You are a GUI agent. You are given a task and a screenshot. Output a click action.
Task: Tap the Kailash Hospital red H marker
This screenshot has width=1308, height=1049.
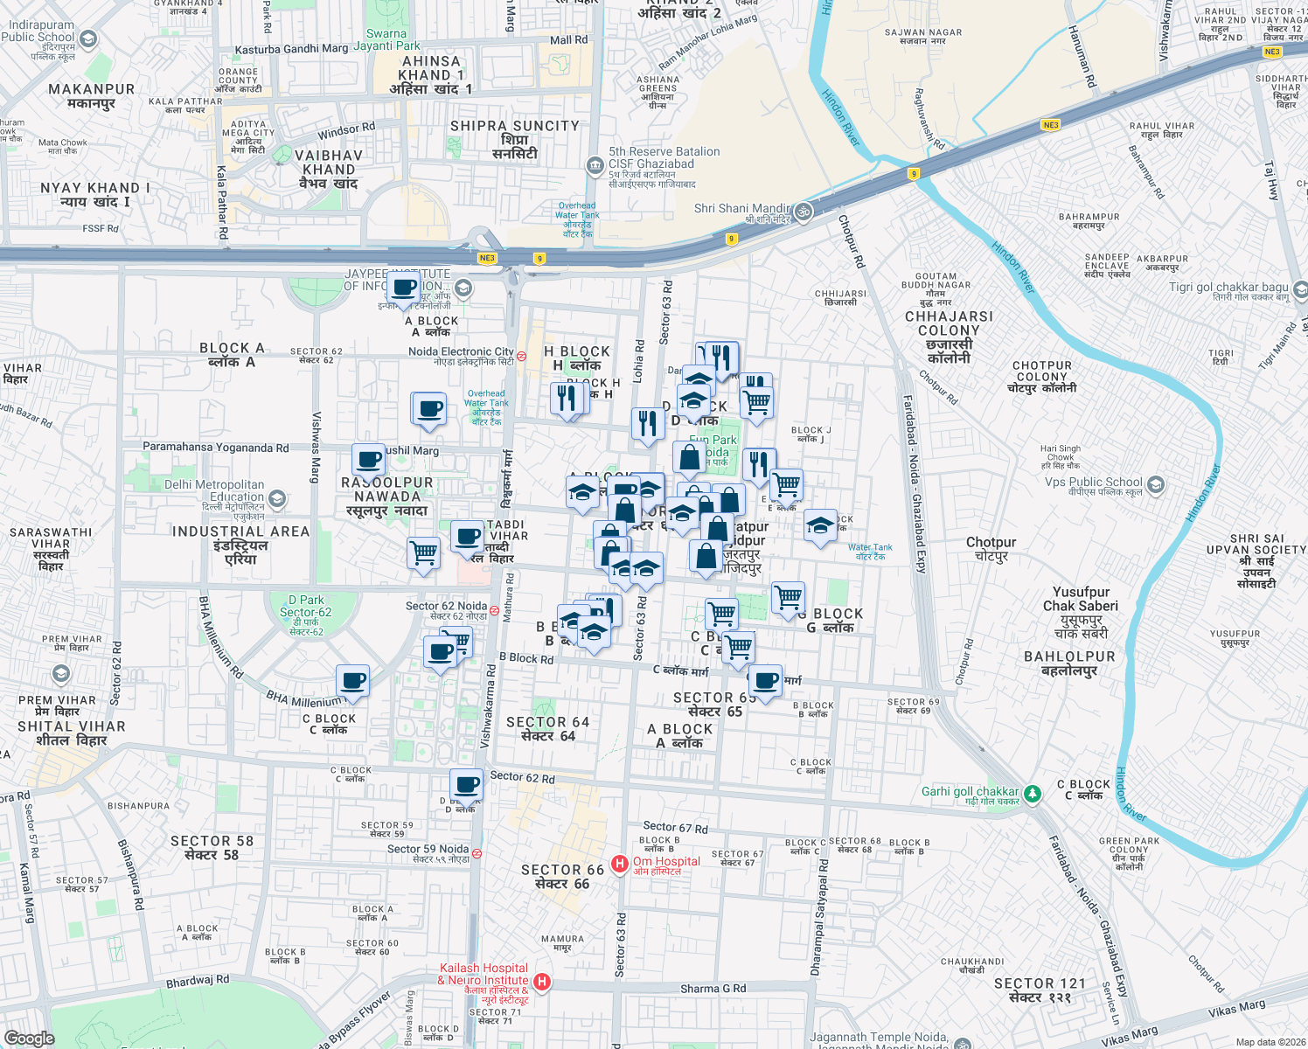[x=542, y=982]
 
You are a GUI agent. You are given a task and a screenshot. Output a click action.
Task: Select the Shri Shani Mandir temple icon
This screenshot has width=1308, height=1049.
[x=803, y=211]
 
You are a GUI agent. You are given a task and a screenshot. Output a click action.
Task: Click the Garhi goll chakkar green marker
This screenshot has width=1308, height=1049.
[x=1033, y=794]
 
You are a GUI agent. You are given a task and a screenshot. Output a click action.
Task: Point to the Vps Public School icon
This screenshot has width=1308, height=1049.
[x=1156, y=484]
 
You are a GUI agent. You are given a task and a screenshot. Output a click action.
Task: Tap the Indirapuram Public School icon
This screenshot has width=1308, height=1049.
[x=87, y=38]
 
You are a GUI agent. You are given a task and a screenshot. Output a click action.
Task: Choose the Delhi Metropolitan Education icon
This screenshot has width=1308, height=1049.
[x=277, y=499]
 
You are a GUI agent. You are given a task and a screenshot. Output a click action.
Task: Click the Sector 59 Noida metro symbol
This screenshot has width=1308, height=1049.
[x=477, y=852]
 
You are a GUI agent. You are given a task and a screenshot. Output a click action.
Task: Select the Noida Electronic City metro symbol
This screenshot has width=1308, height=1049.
[x=521, y=356]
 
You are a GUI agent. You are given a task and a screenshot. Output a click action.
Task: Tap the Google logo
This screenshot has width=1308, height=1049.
[x=30, y=1038]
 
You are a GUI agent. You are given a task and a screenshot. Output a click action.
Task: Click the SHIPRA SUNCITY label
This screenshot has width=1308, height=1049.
[x=514, y=126]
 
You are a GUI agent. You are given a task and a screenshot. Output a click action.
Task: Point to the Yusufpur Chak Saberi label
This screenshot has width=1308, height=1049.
[x=1081, y=599]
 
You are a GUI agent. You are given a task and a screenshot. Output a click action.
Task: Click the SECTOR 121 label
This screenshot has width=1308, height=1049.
[x=1040, y=983]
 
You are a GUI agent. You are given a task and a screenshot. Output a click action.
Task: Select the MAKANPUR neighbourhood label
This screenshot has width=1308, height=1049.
[x=92, y=89]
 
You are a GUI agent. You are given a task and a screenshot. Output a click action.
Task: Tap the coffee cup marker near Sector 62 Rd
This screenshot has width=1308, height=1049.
[x=466, y=784]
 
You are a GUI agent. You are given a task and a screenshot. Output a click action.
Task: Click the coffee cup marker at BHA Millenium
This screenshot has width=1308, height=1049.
[x=352, y=680]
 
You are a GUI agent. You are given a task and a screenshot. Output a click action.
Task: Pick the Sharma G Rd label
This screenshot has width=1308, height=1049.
[x=713, y=989]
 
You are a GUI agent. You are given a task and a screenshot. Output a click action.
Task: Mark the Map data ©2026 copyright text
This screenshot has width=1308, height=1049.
[x=1270, y=1042]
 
